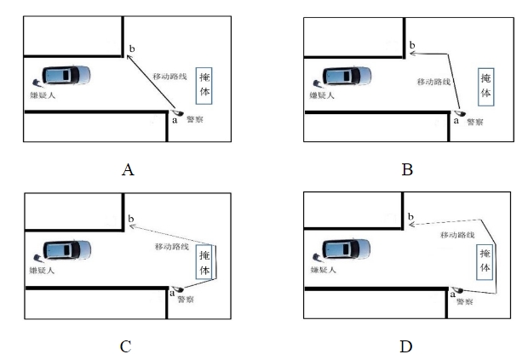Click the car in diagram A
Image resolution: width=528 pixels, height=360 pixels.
(x=63, y=75)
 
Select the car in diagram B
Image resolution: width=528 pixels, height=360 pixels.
(x=346, y=75)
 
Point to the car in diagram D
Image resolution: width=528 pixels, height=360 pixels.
(x=346, y=250)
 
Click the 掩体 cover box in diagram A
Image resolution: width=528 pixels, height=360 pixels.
(x=204, y=84)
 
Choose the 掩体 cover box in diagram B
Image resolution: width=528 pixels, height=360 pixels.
(x=485, y=85)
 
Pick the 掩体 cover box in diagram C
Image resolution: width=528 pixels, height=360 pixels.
(x=204, y=261)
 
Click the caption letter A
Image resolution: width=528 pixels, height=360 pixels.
(x=128, y=169)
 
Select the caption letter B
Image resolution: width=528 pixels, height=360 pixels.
(x=407, y=169)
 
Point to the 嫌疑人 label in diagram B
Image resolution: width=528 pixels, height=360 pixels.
(x=319, y=97)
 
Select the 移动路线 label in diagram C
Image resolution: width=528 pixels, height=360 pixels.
(x=172, y=246)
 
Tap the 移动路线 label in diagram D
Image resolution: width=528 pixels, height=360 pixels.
(x=457, y=234)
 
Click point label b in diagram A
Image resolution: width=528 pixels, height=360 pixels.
(x=130, y=48)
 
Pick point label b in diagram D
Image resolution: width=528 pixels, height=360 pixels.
(x=411, y=219)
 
